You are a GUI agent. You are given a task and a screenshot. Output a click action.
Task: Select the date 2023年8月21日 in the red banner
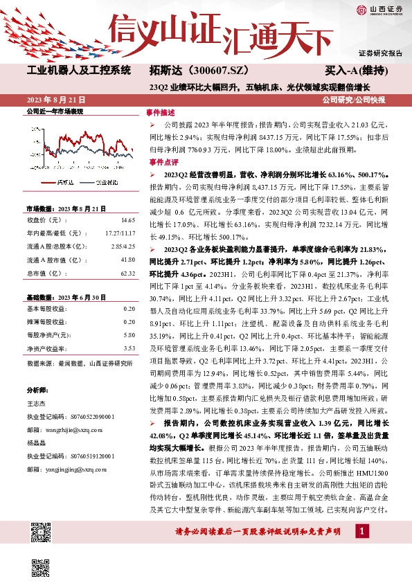click(53, 99)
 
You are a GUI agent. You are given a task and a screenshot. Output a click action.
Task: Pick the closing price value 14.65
click(127, 219)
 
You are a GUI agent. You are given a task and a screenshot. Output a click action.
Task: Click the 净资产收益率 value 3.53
click(129, 350)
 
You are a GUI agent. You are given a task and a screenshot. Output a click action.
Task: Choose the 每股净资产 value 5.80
click(129, 335)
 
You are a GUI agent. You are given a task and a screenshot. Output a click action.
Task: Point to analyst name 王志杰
click(36, 404)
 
